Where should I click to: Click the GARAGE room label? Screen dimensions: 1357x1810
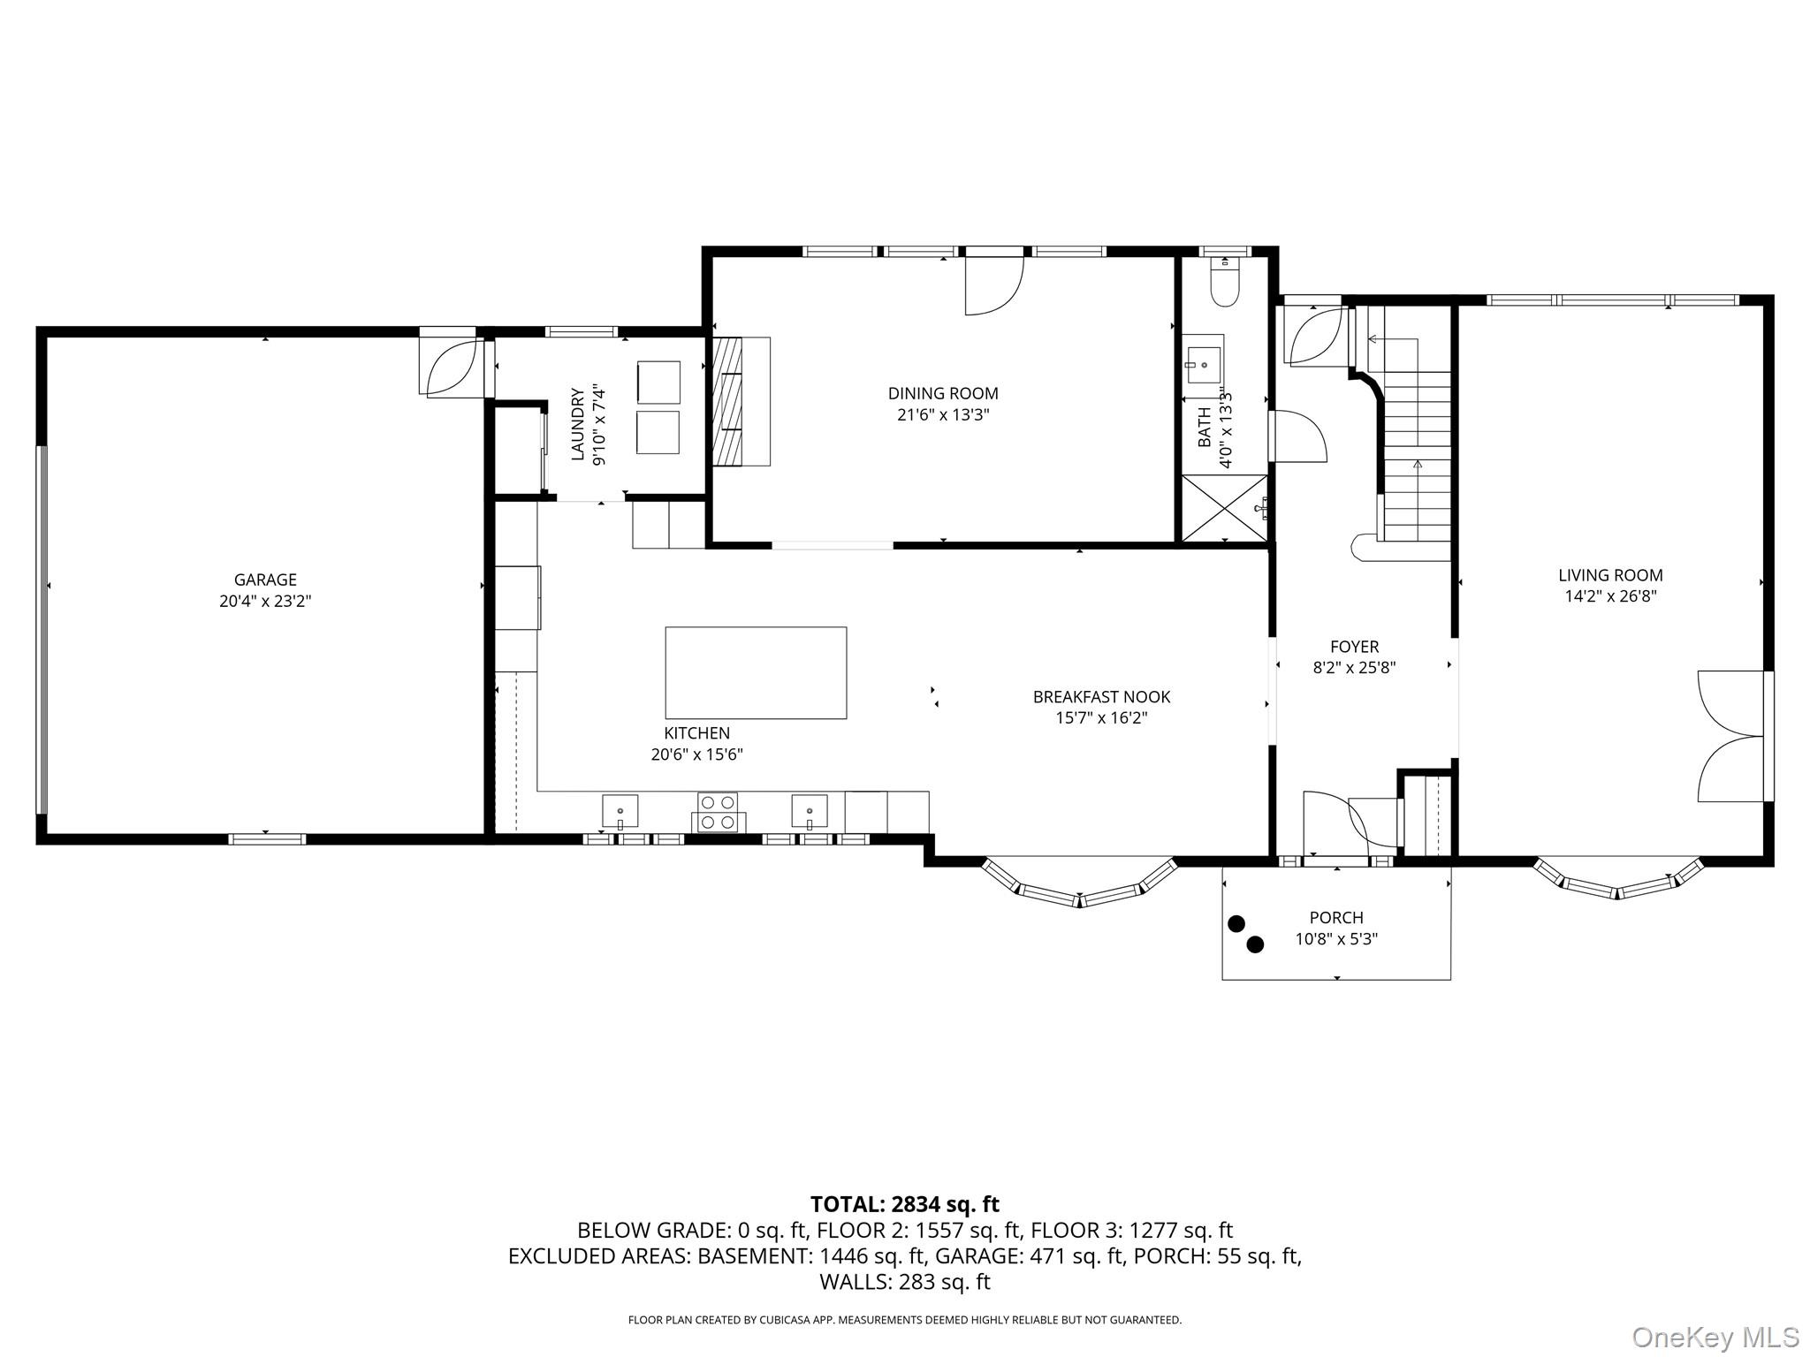point(265,580)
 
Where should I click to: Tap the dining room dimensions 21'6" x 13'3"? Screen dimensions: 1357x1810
point(943,415)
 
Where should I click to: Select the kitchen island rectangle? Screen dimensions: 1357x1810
point(756,672)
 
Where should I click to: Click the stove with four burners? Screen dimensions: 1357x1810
point(718,812)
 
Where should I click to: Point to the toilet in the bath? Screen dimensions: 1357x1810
point(1225,284)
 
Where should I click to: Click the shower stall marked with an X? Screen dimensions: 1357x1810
point(1224,508)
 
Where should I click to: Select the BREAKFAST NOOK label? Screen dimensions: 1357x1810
point(1101,697)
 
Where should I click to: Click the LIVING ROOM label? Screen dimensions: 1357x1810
point(1610,575)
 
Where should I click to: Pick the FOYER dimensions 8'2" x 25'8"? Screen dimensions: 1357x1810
point(1354,668)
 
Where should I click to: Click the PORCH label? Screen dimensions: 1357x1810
point(1336,918)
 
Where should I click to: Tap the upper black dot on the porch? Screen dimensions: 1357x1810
point(1236,923)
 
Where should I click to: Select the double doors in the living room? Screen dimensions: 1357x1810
point(1730,736)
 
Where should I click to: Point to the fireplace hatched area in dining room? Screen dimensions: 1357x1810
point(728,401)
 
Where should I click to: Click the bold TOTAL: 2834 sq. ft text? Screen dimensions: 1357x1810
point(905,1204)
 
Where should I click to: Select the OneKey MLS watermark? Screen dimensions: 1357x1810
point(1715,1337)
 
